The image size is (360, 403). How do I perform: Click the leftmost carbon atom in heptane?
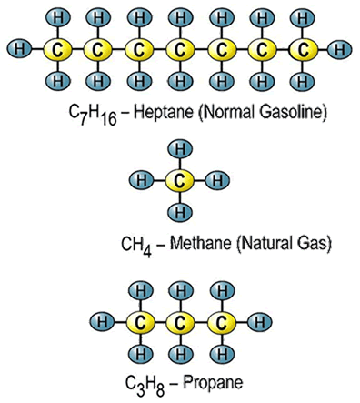pos(55,46)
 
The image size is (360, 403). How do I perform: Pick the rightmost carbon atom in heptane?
pos(304,46)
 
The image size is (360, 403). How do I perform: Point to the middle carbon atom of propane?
pos(180,322)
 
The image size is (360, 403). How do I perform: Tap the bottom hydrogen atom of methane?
pos(180,213)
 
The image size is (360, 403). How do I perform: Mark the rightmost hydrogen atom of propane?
pos(260,322)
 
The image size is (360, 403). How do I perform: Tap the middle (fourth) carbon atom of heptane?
pos(179,46)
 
